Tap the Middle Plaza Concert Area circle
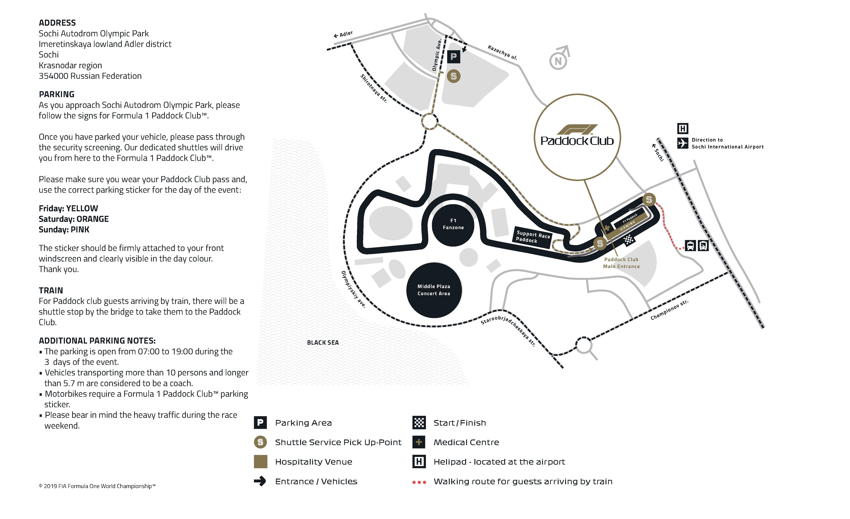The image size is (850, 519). [434, 290]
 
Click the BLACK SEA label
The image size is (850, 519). [323, 342]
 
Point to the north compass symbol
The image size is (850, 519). [559, 59]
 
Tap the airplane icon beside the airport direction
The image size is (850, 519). [682, 143]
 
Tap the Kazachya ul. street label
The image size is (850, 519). [502, 52]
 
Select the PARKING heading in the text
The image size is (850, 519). [57, 94]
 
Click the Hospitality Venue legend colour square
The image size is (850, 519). [260, 462]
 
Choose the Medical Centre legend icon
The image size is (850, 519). [419, 442]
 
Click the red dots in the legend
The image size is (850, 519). [419, 482]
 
